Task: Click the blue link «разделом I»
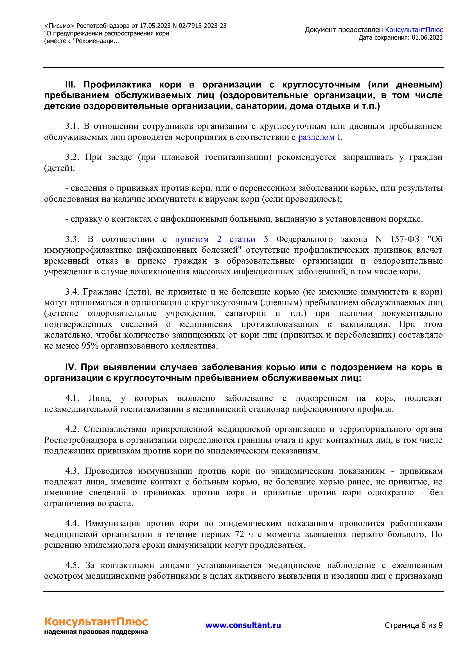(319, 137)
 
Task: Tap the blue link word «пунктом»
(191, 239)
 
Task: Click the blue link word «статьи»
(242, 239)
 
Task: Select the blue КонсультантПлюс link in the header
(414, 30)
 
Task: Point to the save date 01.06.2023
(427, 37)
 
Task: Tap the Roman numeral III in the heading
(71, 85)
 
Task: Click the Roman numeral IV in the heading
(71, 367)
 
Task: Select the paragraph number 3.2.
(72, 157)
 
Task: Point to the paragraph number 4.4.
(72, 523)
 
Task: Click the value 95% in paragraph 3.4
(90, 346)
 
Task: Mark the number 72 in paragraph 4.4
(239, 534)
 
